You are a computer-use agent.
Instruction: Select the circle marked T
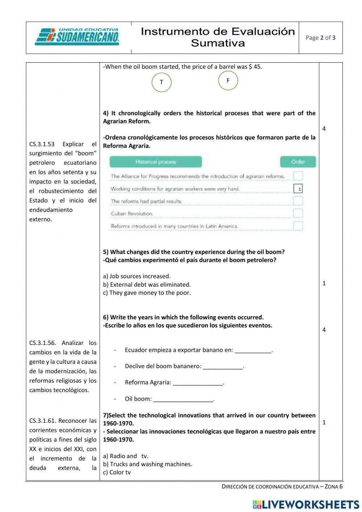click(161, 82)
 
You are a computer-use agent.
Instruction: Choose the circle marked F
click(228, 80)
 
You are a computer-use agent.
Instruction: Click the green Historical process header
click(156, 162)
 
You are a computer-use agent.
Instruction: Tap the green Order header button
click(298, 162)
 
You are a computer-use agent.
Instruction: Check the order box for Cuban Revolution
click(298, 213)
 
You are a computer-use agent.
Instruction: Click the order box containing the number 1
click(298, 189)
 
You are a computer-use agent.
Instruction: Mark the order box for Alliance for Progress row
click(298, 176)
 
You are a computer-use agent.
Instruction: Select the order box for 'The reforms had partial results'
click(298, 201)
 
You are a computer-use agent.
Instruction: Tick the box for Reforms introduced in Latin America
click(298, 226)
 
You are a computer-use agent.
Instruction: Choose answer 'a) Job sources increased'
click(136, 276)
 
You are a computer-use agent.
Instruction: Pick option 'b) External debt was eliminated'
click(147, 284)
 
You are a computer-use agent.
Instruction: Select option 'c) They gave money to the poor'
click(147, 293)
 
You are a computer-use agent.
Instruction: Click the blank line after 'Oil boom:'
click(184, 399)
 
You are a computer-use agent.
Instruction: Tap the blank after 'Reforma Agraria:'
click(198, 383)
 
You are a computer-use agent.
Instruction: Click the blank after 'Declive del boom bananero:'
click(223, 366)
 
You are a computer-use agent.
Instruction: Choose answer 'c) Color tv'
click(117, 472)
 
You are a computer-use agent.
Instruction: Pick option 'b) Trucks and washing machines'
click(147, 464)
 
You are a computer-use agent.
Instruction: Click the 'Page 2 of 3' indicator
click(320, 38)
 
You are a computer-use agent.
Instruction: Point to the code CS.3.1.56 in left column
click(42, 343)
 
